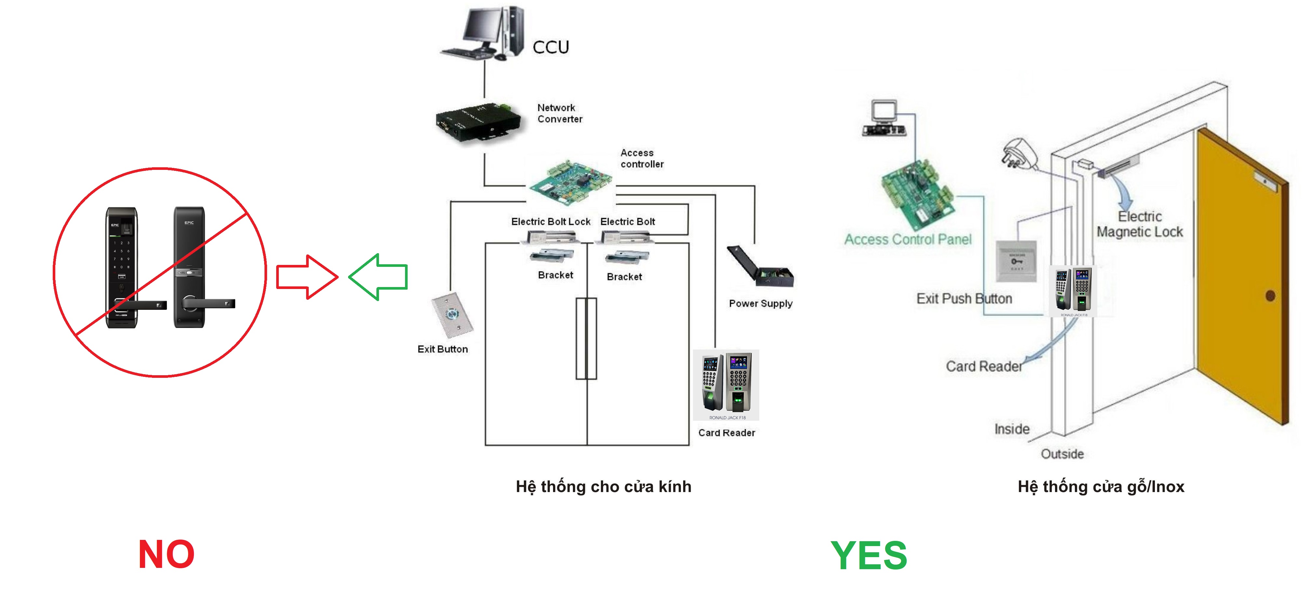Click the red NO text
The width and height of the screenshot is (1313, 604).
tap(166, 555)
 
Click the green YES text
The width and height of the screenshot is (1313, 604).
tap(869, 556)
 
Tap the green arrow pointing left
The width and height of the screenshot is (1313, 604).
tap(379, 277)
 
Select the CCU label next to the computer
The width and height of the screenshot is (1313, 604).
tap(550, 48)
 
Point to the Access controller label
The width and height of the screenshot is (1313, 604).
tap(642, 158)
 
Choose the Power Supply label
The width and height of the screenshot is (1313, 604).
tap(761, 303)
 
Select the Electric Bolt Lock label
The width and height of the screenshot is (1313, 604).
tap(550, 222)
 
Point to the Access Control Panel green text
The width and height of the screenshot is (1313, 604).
tap(908, 240)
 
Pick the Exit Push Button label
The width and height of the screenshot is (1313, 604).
tap(964, 299)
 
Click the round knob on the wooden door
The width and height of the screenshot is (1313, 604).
tap(1270, 295)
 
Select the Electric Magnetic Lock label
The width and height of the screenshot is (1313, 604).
tap(1140, 224)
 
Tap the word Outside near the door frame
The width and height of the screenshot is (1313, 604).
tap(1062, 454)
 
